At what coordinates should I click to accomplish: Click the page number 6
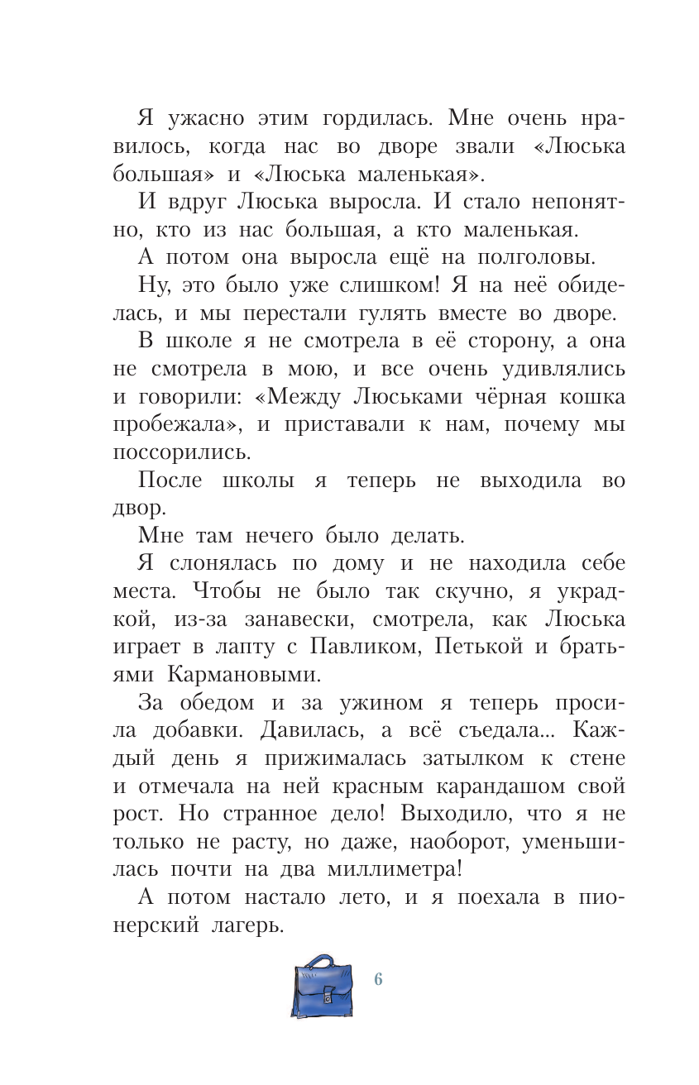pyautogui.click(x=378, y=979)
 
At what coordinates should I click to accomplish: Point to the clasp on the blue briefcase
pyautogui.click(x=328, y=996)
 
